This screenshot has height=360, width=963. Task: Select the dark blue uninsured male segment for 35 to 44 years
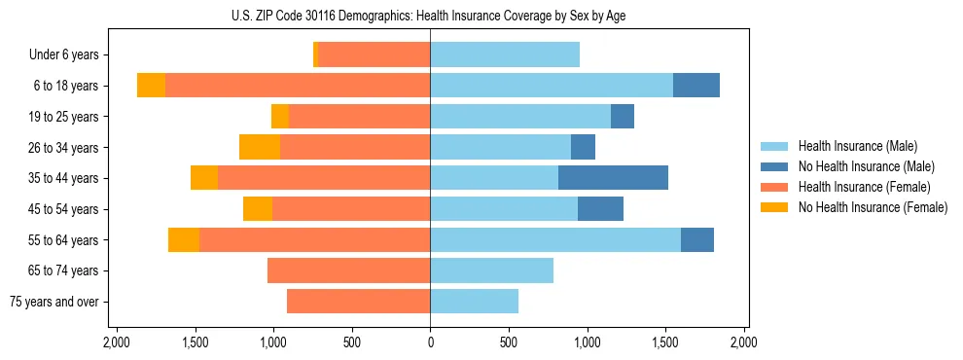click(613, 178)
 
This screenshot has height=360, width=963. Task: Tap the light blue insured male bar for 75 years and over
click(474, 302)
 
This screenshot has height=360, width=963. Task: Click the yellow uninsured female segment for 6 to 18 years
click(151, 86)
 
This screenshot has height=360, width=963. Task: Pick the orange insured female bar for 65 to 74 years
click(348, 270)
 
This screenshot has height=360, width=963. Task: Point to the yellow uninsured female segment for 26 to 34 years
click(260, 147)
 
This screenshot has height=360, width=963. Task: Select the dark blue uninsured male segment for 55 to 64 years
click(696, 239)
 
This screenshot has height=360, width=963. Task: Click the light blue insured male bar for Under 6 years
click(505, 54)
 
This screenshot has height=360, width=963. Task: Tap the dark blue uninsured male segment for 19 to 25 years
click(623, 117)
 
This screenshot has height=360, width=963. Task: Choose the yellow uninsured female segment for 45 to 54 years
click(258, 209)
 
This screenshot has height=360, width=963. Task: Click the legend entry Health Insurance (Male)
click(856, 146)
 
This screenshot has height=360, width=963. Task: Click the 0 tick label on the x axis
click(430, 342)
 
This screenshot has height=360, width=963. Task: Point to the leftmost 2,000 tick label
click(116, 342)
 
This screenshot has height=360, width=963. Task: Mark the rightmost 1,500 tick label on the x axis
click(665, 342)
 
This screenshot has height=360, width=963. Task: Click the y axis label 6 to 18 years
click(66, 86)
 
